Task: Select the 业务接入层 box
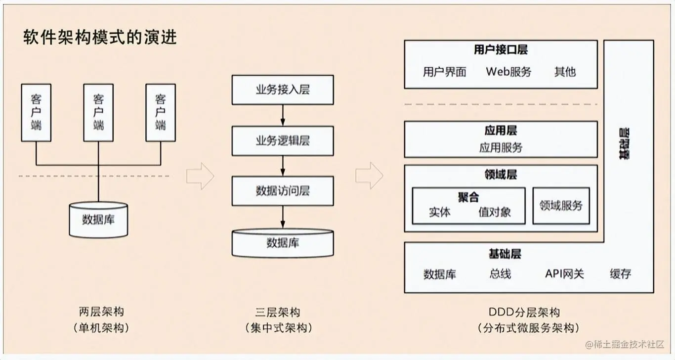click(x=283, y=90)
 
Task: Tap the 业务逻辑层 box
click(x=283, y=141)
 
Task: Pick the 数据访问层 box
click(x=283, y=191)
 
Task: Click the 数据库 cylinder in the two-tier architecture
click(x=98, y=220)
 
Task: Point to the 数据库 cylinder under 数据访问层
click(x=283, y=243)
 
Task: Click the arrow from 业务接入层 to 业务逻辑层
click(x=283, y=115)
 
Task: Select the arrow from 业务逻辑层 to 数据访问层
click(x=283, y=166)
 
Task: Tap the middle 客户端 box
click(x=98, y=112)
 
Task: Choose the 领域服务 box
click(x=561, y=206)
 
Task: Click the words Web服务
click(x=508, y=72)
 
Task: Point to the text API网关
click(x=564, y=273)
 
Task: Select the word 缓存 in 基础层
click(x=620, y=273)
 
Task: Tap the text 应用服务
click(x=501, y=147)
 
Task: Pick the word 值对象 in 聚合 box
click(x=494, y=212)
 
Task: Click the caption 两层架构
click(x=101, y=312)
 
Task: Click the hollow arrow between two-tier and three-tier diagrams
click(x=200, y=176)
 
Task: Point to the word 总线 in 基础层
click(x=500, y=273)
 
